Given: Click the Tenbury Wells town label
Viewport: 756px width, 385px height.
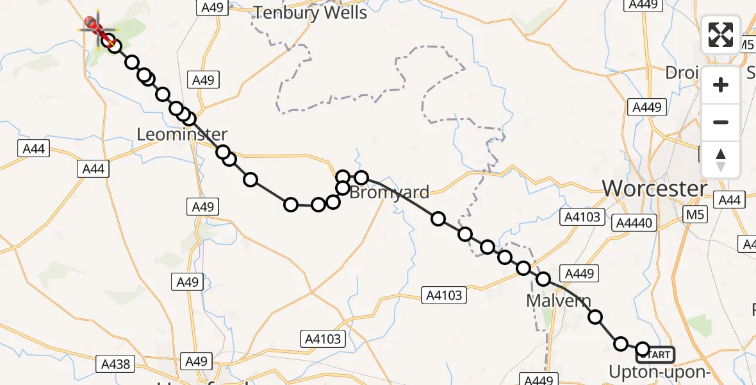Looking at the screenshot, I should click(311, 13).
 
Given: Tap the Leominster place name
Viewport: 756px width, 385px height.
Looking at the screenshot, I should click(183, 135).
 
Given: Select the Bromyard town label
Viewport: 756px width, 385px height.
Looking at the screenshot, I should click(389, 192).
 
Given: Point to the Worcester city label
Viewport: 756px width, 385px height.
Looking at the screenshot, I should click(655, 189).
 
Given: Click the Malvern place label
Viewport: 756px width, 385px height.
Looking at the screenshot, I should click(558, 300).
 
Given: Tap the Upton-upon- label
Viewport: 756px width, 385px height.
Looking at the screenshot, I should click(659, 372).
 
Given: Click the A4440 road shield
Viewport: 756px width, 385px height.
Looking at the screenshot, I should click(633, 223).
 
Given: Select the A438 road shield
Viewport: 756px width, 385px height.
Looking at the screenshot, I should click(116, 364).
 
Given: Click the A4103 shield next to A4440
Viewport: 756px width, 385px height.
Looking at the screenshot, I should click(580, 216).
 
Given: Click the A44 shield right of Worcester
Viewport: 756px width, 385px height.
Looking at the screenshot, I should click(729, 200).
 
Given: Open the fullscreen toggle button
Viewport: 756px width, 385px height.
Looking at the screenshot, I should click(721, 35).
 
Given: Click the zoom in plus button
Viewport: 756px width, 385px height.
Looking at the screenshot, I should click(721, 85).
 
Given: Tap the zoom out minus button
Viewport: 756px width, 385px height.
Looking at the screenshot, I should click(721, 122).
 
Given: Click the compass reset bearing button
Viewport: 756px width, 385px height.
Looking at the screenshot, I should click(721, 158).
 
